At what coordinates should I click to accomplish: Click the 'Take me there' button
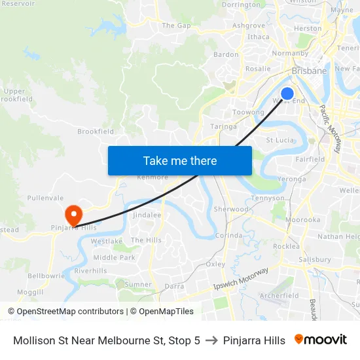180,160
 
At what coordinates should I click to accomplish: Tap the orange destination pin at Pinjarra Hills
73,214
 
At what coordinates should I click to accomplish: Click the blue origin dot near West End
287,94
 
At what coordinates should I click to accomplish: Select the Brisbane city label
309,71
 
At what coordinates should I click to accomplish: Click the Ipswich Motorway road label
242,279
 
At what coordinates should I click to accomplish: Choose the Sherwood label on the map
231,209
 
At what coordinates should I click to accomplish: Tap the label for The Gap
176,26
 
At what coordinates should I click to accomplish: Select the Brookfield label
96,132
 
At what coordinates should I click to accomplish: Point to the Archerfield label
279,296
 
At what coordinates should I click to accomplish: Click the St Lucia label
279,139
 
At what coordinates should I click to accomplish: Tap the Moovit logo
320,340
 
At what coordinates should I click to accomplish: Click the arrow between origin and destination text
211,340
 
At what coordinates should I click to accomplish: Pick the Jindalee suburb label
147,215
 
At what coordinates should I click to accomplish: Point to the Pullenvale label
45,197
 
